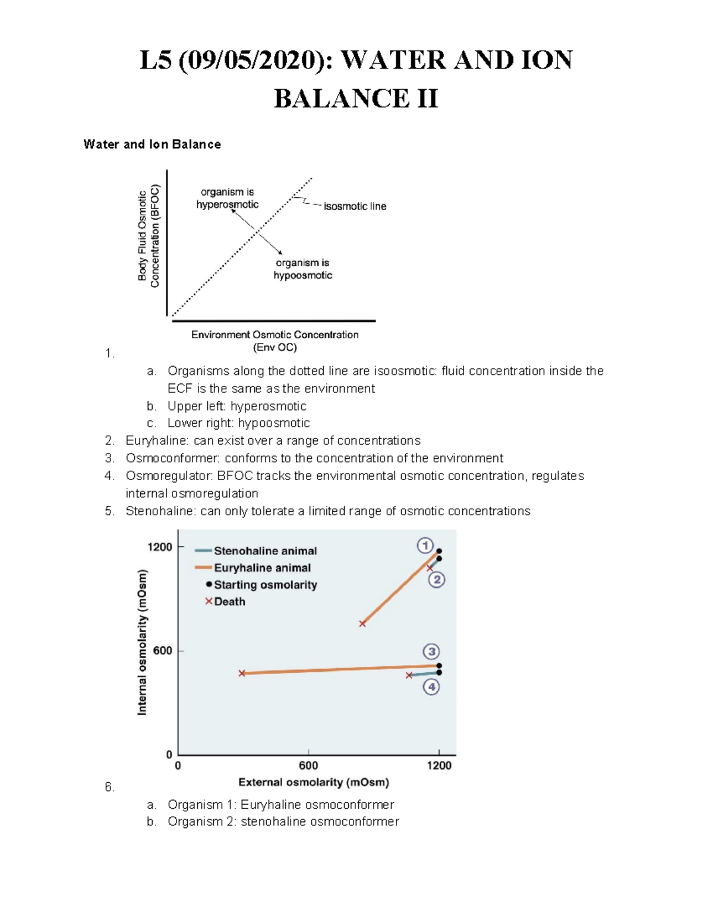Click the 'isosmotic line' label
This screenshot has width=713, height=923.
(355, 206)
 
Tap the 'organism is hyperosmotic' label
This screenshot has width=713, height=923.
(227, 199)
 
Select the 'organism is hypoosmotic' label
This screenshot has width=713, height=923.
(302, 269)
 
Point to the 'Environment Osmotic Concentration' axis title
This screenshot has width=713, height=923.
(275, 335)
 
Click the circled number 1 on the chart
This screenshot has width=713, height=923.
(425, 545)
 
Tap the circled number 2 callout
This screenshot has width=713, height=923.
(437, 579)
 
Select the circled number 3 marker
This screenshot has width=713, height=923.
(431, 651)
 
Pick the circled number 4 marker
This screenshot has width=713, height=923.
(431, 687)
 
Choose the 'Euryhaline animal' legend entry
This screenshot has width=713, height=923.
(262, 568)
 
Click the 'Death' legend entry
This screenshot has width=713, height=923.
(229, 601)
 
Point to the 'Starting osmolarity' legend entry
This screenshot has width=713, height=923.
(265, 585)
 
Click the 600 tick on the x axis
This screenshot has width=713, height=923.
(308, 766)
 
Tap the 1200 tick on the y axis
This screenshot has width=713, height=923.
(160, 547)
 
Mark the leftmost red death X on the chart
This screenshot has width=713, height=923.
(242, 673)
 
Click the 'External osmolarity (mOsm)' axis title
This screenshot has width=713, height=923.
(314, 782)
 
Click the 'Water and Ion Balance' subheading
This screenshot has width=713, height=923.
(152, 144)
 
